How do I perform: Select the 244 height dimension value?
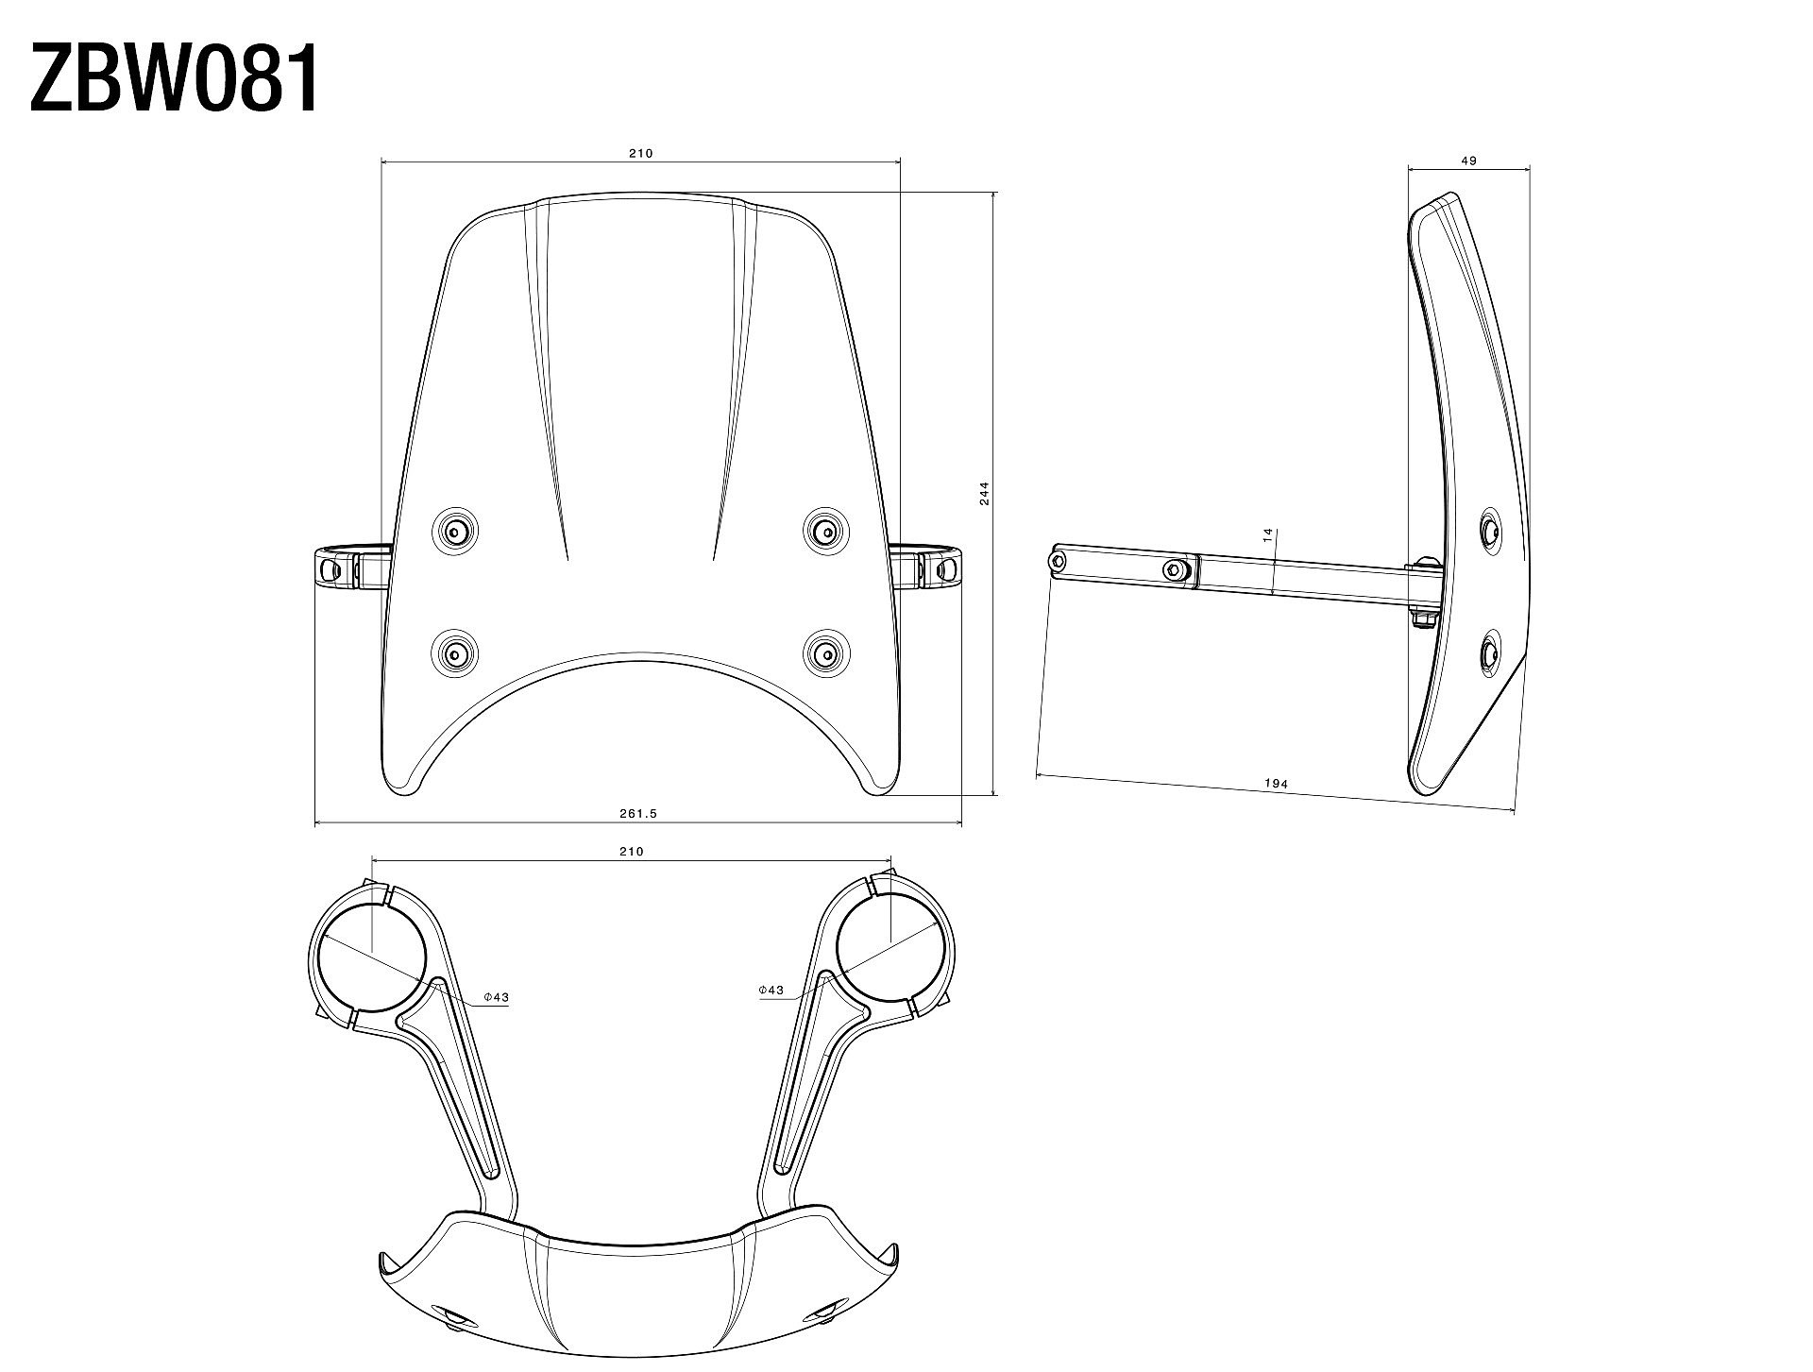click(x=984, y=493)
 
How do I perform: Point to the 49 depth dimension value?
click(x=1468, y=161)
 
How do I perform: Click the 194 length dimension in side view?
click(x=1276, y=784)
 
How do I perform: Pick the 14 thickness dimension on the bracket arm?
click(x=1268, y=534)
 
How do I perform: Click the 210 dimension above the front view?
click(x=641, y=153)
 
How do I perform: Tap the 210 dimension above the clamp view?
click(x=631, y=851)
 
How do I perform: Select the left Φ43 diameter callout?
click(x=496, y=997)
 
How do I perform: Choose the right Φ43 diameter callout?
click(x=771, y=990)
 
